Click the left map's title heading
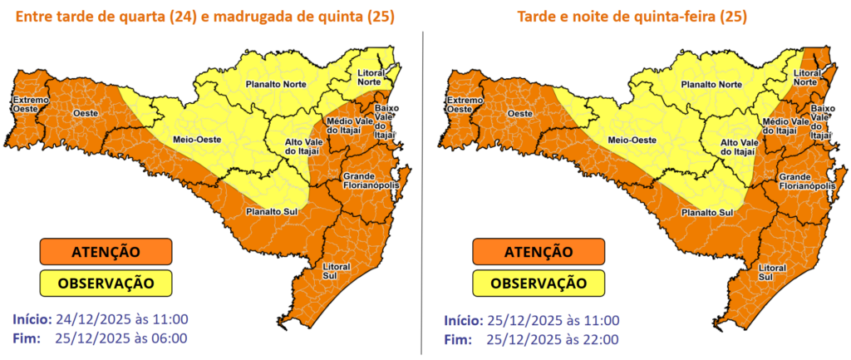pos(204,17)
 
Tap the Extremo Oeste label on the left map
pos(29,105)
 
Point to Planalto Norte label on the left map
pos(273,85)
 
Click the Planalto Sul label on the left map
pos(278,211)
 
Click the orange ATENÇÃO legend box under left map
pos(106,251)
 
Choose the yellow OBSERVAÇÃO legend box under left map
pos(106,283)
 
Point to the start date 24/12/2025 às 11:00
pos(121,320)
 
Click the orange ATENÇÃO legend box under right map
pos(539,251)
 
